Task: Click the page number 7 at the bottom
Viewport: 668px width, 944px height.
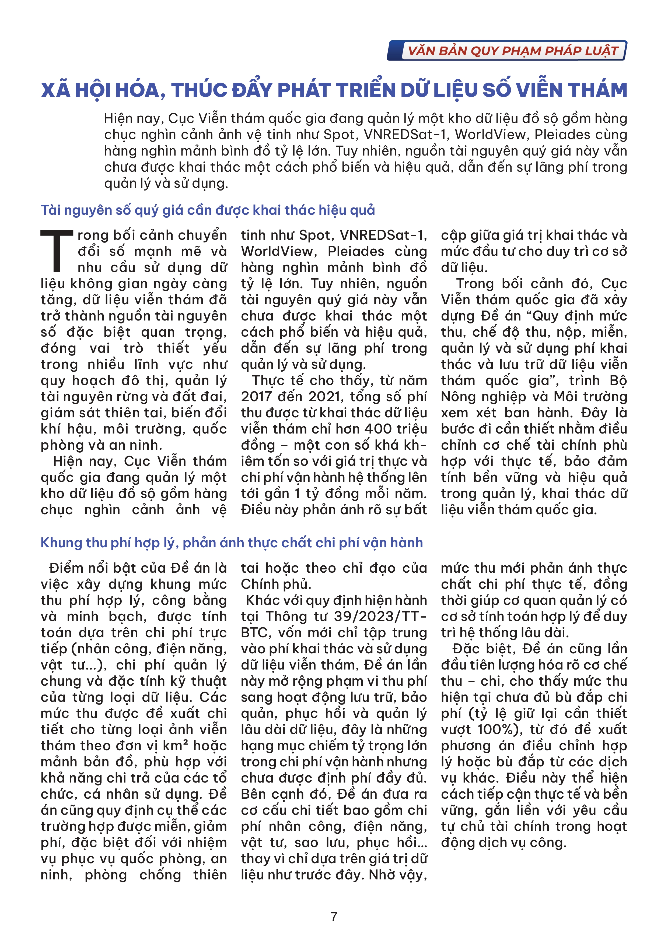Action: tap(334, 917)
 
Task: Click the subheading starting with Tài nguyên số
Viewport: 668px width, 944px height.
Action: tap(208, 210)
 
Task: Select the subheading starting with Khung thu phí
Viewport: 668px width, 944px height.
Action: tap(231, 543)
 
